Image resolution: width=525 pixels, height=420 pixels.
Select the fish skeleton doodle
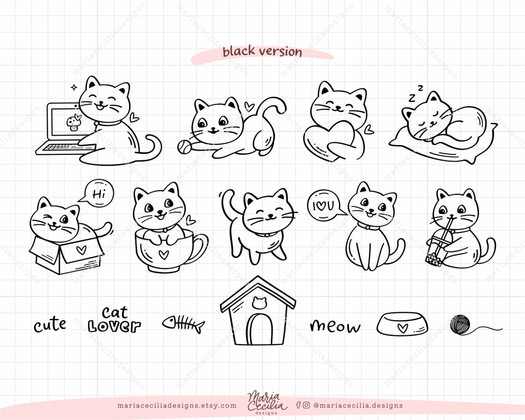coord(183,324)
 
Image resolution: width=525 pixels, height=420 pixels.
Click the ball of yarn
coord(460,325)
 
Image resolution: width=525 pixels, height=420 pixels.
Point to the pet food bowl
coord(402,324)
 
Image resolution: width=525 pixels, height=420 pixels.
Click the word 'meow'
coord(335,326)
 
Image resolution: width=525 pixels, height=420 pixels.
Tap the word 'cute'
coord(50,325)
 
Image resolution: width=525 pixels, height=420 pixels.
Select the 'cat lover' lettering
coord(114,320)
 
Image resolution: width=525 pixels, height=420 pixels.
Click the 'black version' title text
coord(262,52)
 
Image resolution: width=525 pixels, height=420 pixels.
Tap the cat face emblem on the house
coord(258,303)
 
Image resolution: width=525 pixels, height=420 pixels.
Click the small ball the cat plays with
coord(183,146)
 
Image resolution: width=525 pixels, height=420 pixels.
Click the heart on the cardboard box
coord(81,250)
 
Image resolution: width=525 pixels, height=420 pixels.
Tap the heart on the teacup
coord(163,254)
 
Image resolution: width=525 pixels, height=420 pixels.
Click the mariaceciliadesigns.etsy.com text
coord(177,406)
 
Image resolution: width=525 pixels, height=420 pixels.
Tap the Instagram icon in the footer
coord(306,405)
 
